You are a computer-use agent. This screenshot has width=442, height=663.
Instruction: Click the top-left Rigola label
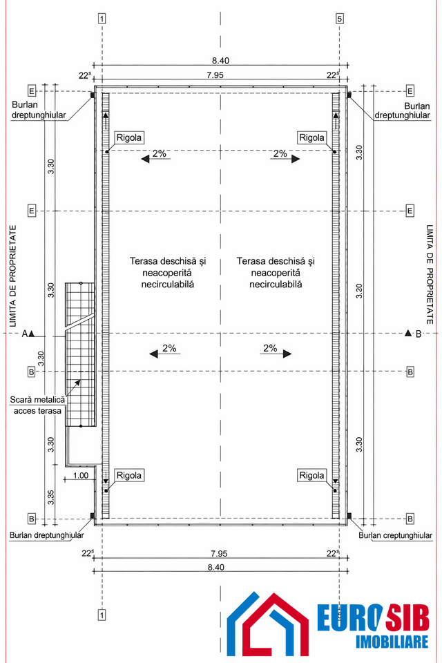coord(129,137)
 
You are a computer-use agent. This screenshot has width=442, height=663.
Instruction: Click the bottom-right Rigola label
coord(311,475)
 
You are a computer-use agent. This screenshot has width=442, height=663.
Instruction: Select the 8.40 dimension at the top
coord(220,61)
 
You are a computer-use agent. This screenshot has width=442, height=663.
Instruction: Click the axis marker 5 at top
coord(339,19)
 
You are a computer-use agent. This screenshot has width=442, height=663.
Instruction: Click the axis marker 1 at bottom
coord(102,613)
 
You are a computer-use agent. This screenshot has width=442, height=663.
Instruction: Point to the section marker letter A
coord(25,334)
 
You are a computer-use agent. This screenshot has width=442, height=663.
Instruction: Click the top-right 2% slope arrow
coord(285,156)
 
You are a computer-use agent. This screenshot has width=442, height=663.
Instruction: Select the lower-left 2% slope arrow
coord(164,351)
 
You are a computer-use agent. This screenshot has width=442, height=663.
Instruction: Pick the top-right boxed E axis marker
coord(410,91)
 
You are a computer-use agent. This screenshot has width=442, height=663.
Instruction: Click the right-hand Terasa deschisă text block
coord(276,272)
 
